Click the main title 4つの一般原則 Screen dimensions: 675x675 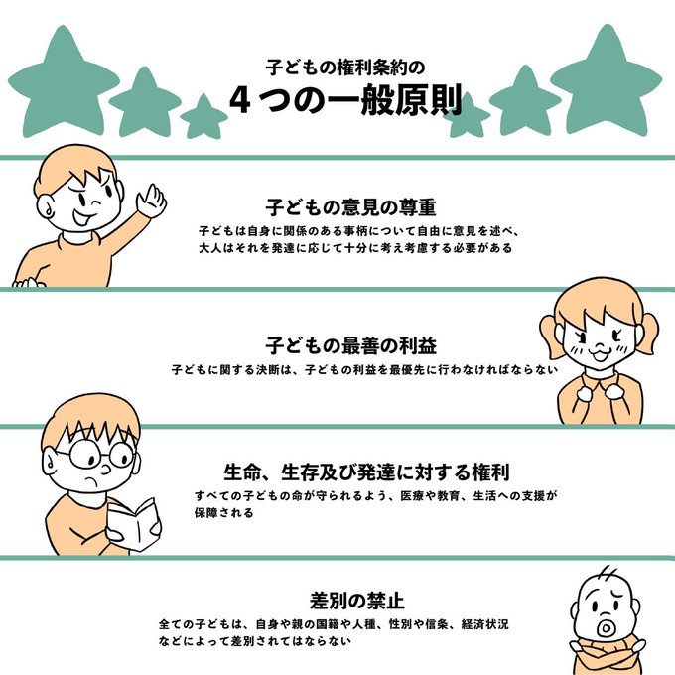tap(345, 99)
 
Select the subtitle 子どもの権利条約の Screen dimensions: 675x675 tap(345, 67)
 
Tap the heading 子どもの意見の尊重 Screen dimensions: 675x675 tap(350, 207)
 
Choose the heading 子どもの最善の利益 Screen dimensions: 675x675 tap(350, 345)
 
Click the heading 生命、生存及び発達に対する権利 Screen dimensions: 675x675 tap(366, 472)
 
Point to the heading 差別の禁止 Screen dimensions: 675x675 tap(357, 601)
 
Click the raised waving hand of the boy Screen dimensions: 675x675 tap(152, 202)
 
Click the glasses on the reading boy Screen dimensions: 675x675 tap(101, 455)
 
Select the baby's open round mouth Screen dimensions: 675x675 tap(606, 628)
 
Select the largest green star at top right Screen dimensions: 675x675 tap(607, 82)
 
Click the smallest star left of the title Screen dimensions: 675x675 tap(203, 117)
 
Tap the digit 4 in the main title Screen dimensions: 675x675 tap(240, 100)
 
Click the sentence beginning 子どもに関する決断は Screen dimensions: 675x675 tap(364, 370)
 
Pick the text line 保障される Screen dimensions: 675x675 tap(224, 513)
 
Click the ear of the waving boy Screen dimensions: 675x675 tap(45, 207)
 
